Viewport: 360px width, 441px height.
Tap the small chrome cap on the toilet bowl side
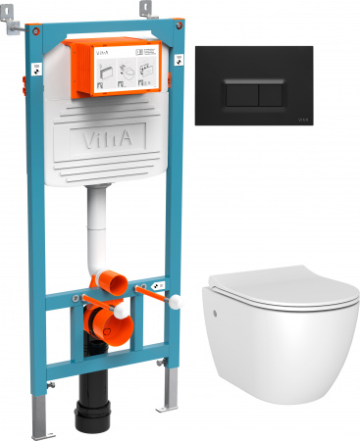[214, 316]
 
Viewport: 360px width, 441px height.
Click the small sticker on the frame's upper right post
[180, 63]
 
